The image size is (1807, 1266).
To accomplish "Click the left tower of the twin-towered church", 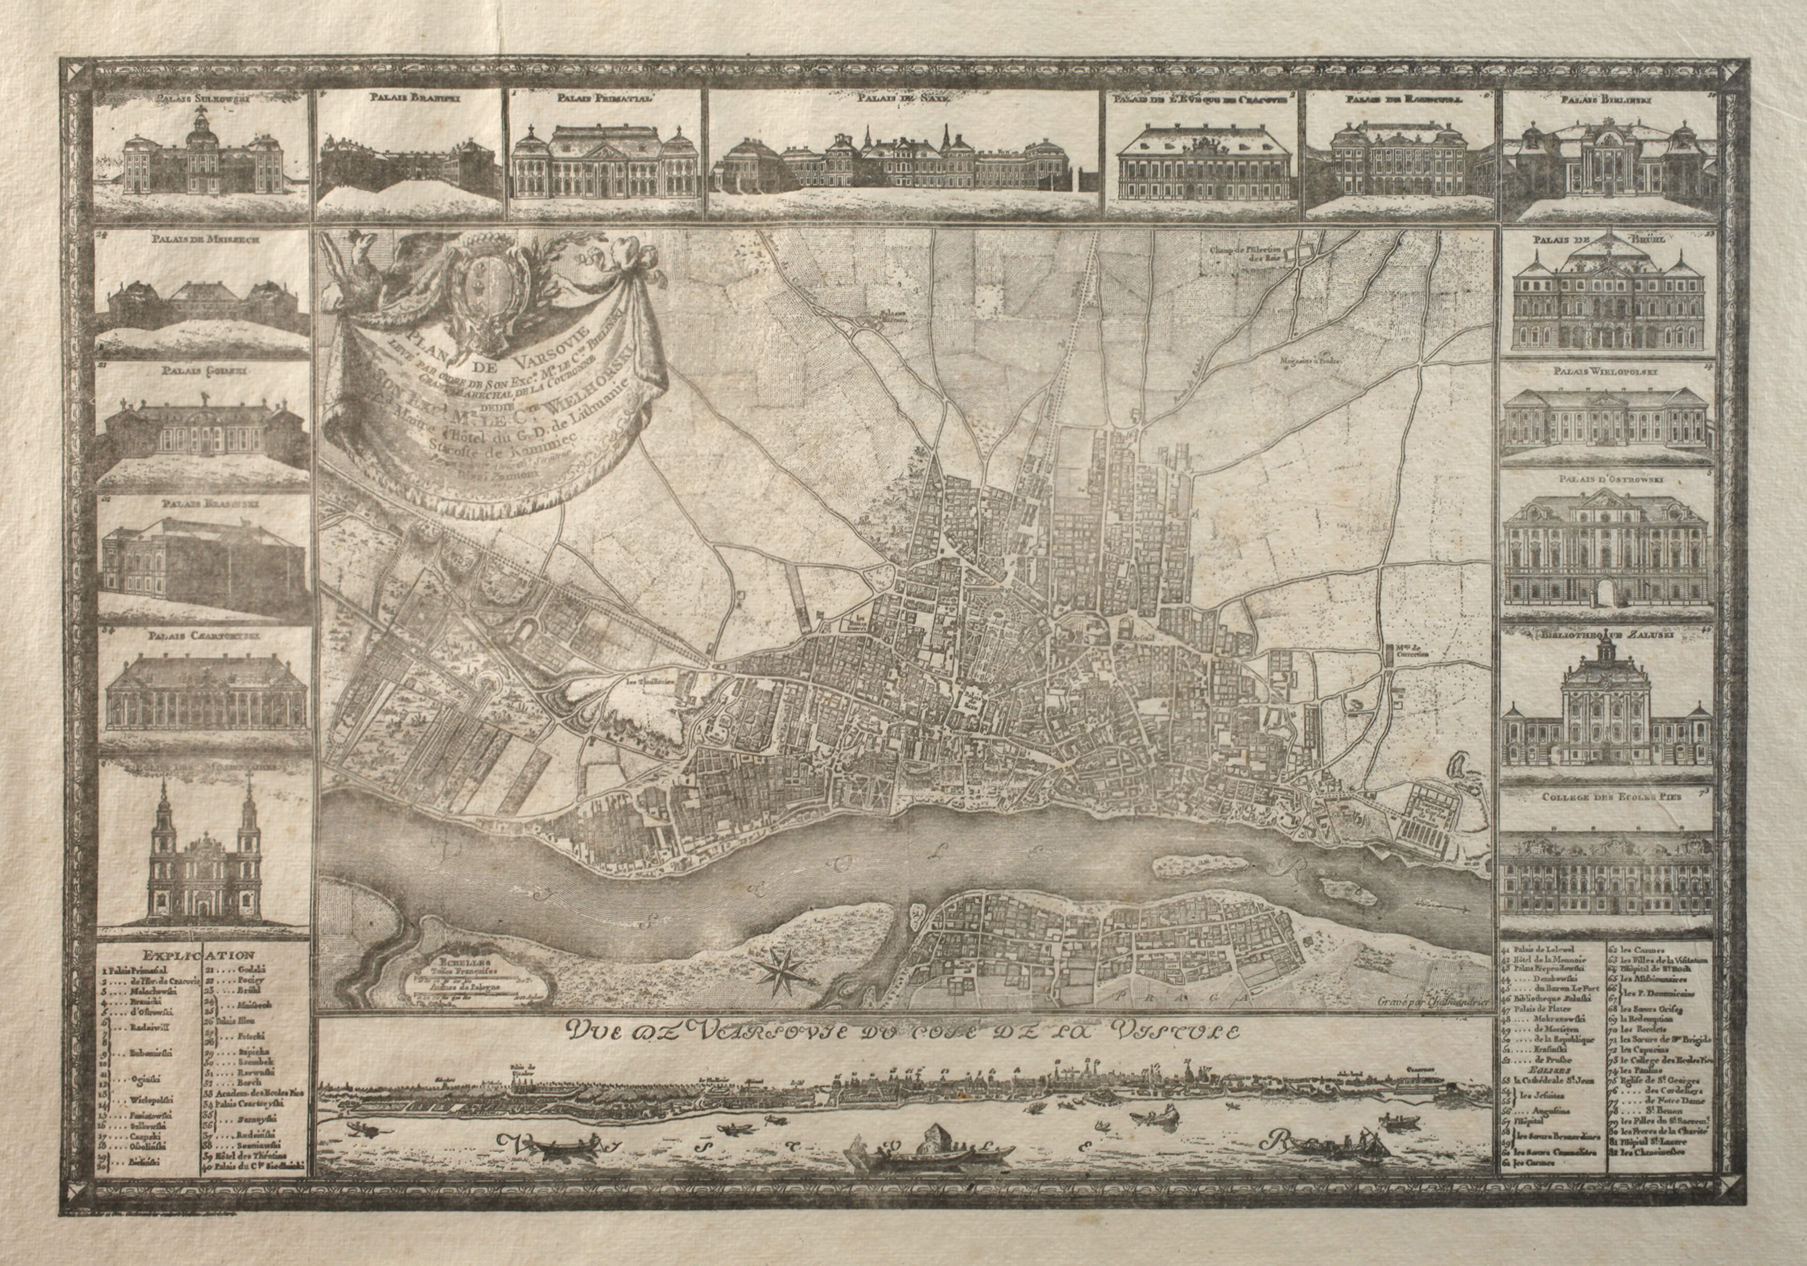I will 164,835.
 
